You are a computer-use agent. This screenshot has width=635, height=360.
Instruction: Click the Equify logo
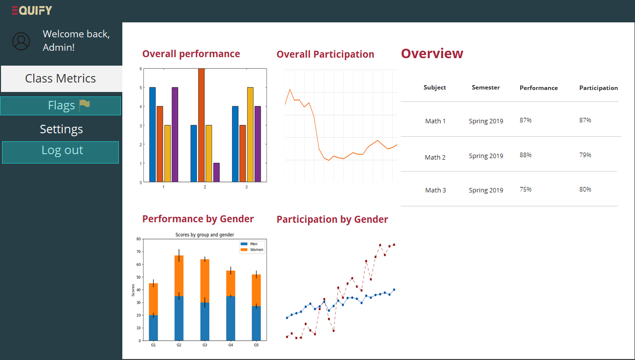click(x=32, y=10)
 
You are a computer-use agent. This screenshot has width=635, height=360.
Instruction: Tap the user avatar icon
click(x=21, y=41)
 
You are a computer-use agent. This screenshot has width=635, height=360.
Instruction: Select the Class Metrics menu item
click(x=61, y=79)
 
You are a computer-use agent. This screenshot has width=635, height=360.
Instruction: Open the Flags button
click(x=61, y=105)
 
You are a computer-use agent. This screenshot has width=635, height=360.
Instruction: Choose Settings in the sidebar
click(x=61, y=129)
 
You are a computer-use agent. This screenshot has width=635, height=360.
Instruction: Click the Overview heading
click(x=432, y=54)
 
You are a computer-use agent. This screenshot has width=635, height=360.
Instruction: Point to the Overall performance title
click(x=191, y=54)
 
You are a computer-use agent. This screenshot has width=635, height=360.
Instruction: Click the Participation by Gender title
click(x=332, y=219)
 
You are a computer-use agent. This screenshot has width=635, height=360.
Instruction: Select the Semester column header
click(x=485, y=88)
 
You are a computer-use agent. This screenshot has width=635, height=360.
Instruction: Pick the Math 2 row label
click(x=435, y=157)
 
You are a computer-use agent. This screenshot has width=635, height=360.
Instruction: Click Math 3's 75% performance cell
click(x=526, y=189)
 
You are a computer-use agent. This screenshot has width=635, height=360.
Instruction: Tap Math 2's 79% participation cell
click(x=585, y=155)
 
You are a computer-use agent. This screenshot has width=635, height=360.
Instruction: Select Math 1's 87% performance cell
click(x=526, y=120)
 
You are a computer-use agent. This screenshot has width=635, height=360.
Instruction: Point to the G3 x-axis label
click(x=204, y=345)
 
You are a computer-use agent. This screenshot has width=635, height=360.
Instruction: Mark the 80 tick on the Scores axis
click(x=138, y=239)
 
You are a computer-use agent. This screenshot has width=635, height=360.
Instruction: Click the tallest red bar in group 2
click(x=201, y=124)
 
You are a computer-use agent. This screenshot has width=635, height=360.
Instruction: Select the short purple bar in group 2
click(x=216, y=172)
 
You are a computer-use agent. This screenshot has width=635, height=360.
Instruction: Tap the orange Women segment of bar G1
click(x=154, y=299)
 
